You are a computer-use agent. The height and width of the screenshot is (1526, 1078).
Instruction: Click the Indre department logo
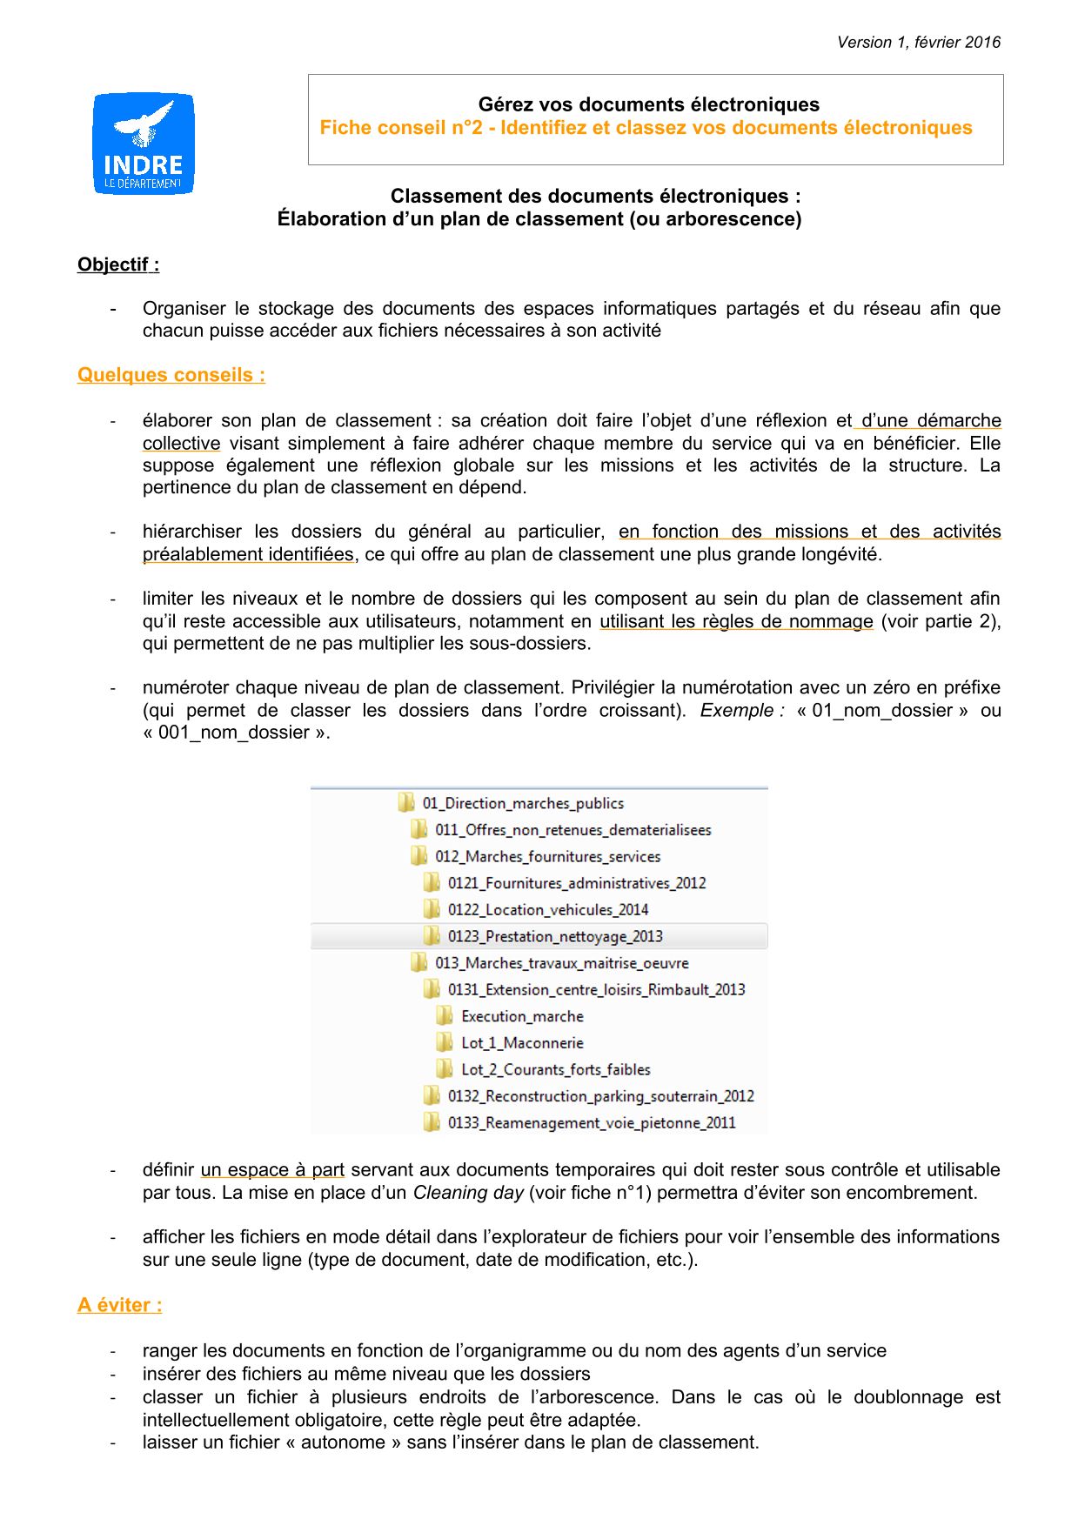pyautogui.click(x=144, y=144)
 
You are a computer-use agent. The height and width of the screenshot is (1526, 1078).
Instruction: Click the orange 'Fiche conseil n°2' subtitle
pyautogui.click(x=646, y=128)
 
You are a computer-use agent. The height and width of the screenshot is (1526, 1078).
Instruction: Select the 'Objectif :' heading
pyautogui.click(x=118, y=264)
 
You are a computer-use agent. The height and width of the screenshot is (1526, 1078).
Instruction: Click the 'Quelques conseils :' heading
pyautogui.click(x=171, y=375)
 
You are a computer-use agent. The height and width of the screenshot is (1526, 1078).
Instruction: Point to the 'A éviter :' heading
pyautogui.click(x=120, y=1305)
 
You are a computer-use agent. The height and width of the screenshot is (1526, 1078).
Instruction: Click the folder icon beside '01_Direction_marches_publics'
pyautogui.click(x=406, y=802)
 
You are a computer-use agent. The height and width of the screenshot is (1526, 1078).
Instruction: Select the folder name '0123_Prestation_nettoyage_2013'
pyautogui.click(x=555, y=936)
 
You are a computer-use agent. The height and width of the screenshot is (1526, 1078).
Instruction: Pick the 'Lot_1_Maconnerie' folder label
pyautogui.click(x=522, y=1042)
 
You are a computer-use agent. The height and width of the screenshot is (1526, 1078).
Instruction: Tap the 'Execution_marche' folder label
pyautogui.click(x=522, y=1016)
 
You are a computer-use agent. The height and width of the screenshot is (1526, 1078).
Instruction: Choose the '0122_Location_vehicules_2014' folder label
pyautogui.click(x=548, y=909)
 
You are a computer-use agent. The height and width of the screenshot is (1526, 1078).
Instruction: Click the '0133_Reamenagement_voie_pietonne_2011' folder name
pyautogui.click(x=592, y=1122)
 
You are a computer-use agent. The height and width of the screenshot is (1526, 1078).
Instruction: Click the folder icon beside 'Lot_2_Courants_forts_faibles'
pyautogui.click(x=445, y=1068)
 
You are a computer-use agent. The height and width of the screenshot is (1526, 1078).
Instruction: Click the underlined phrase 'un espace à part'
pyautogui.click(x=272, y=1170)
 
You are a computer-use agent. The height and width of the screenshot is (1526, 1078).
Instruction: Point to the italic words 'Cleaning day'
pyautogui.click(x=468, y=1193)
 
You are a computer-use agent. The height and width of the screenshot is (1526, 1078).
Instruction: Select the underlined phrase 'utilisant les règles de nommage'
pyautogui.click(x=736, y=621)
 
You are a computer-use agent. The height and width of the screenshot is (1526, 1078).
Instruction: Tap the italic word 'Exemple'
pyautogui.click(x=737, y=710)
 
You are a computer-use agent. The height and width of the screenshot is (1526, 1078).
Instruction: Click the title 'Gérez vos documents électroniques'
pyautogui.click(x=649, y=104)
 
